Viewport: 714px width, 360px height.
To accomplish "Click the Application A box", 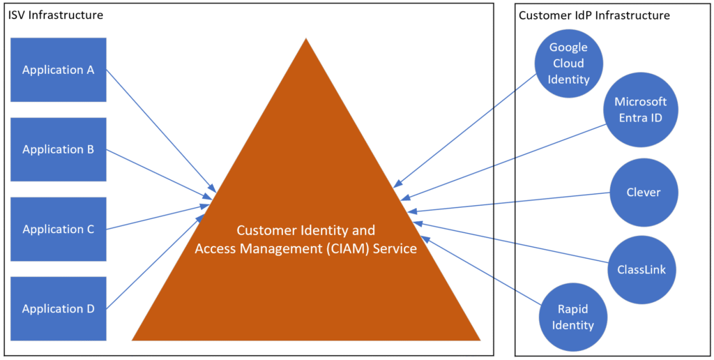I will click(x=59, y=70).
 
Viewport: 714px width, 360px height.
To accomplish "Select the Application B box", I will click(x=59, y=149).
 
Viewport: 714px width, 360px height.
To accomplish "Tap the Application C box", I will click(x=59, y=229).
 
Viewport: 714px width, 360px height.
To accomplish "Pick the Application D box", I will click(x=59, y=308).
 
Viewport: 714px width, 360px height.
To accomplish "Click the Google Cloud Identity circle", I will click(x=568, y=63).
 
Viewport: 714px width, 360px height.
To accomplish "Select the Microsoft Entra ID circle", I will click(x=640, y=110).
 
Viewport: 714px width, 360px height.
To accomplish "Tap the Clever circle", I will click(x=644, y=192).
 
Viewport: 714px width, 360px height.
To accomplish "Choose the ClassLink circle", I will click(x=641, y=269).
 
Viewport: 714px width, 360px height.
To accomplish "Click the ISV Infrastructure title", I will click(x=56, y=15).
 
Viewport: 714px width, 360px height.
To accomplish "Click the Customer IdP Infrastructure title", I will click(x=594, y=15).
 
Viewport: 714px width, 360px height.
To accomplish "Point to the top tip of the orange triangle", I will click(x=305, y=40).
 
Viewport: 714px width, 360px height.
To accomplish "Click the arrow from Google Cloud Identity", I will click(x=467, y=133).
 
